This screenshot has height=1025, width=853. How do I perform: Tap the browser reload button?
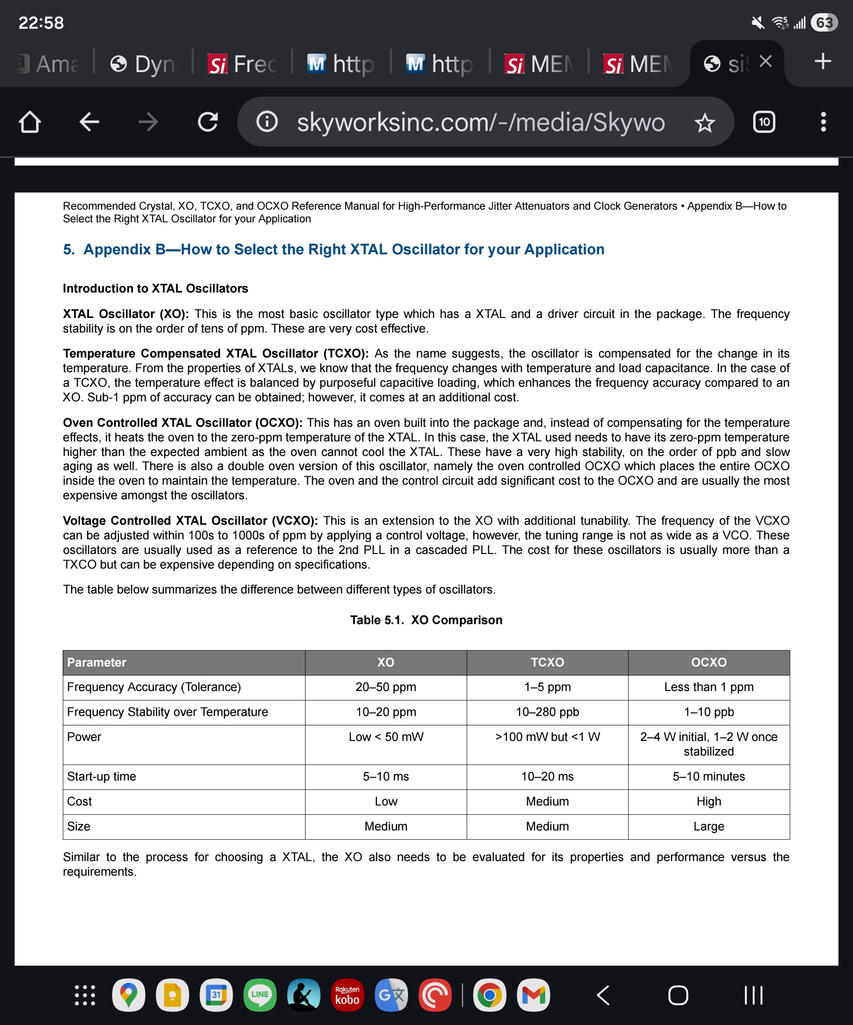tap(208, 122)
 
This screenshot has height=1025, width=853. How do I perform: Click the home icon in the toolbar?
tap(30, 122)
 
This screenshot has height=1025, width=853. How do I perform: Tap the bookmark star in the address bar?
tap(704, 122)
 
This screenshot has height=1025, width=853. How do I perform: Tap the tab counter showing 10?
tap(764, 122)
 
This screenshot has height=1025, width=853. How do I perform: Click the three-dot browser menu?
tap(823, 122)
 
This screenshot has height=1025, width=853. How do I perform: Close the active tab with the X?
tap(766, 62)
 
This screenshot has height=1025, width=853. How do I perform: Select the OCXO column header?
tap(708, 662)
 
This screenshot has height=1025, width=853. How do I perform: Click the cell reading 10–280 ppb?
tap(547, 712)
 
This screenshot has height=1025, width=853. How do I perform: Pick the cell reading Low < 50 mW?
tap(386, 737)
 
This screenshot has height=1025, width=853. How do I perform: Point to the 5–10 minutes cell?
tap(708, 777)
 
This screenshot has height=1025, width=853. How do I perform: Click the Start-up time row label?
tap(101, 777)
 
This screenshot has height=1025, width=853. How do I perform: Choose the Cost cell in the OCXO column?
tap(708, 801)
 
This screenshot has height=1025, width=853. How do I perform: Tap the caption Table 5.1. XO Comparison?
tap(426, 620)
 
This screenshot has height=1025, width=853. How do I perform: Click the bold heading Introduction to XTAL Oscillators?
tap(155, 288)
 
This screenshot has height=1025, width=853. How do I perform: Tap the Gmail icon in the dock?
tap(533, 995)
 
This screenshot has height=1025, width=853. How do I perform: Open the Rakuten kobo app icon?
tap(347, 995)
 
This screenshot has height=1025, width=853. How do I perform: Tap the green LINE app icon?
tap(259, 995)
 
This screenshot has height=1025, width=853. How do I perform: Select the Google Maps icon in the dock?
tap(128, 995)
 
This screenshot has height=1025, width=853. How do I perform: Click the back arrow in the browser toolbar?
tap(89, 122)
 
